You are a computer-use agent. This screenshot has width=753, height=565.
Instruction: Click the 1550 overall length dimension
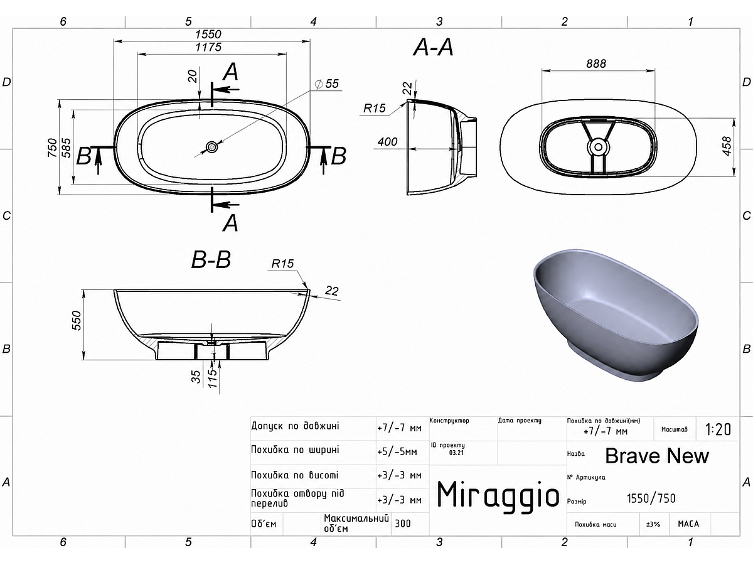pos(208,35)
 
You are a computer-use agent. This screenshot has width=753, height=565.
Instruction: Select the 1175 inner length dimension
pos(208,47)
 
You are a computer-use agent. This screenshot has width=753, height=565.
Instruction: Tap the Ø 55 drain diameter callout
pos(327,83)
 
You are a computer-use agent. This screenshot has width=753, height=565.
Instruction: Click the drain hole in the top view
pos(211,147)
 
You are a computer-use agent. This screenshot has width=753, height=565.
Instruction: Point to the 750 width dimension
pos(52,148)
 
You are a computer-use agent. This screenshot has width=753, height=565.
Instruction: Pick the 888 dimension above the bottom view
pos(596,63)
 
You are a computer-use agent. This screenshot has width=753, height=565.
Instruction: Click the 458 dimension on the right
pos(727,146)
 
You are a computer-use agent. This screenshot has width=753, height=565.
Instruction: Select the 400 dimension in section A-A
pos(387,141)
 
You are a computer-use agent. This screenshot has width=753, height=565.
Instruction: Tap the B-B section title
pos(211,259)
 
